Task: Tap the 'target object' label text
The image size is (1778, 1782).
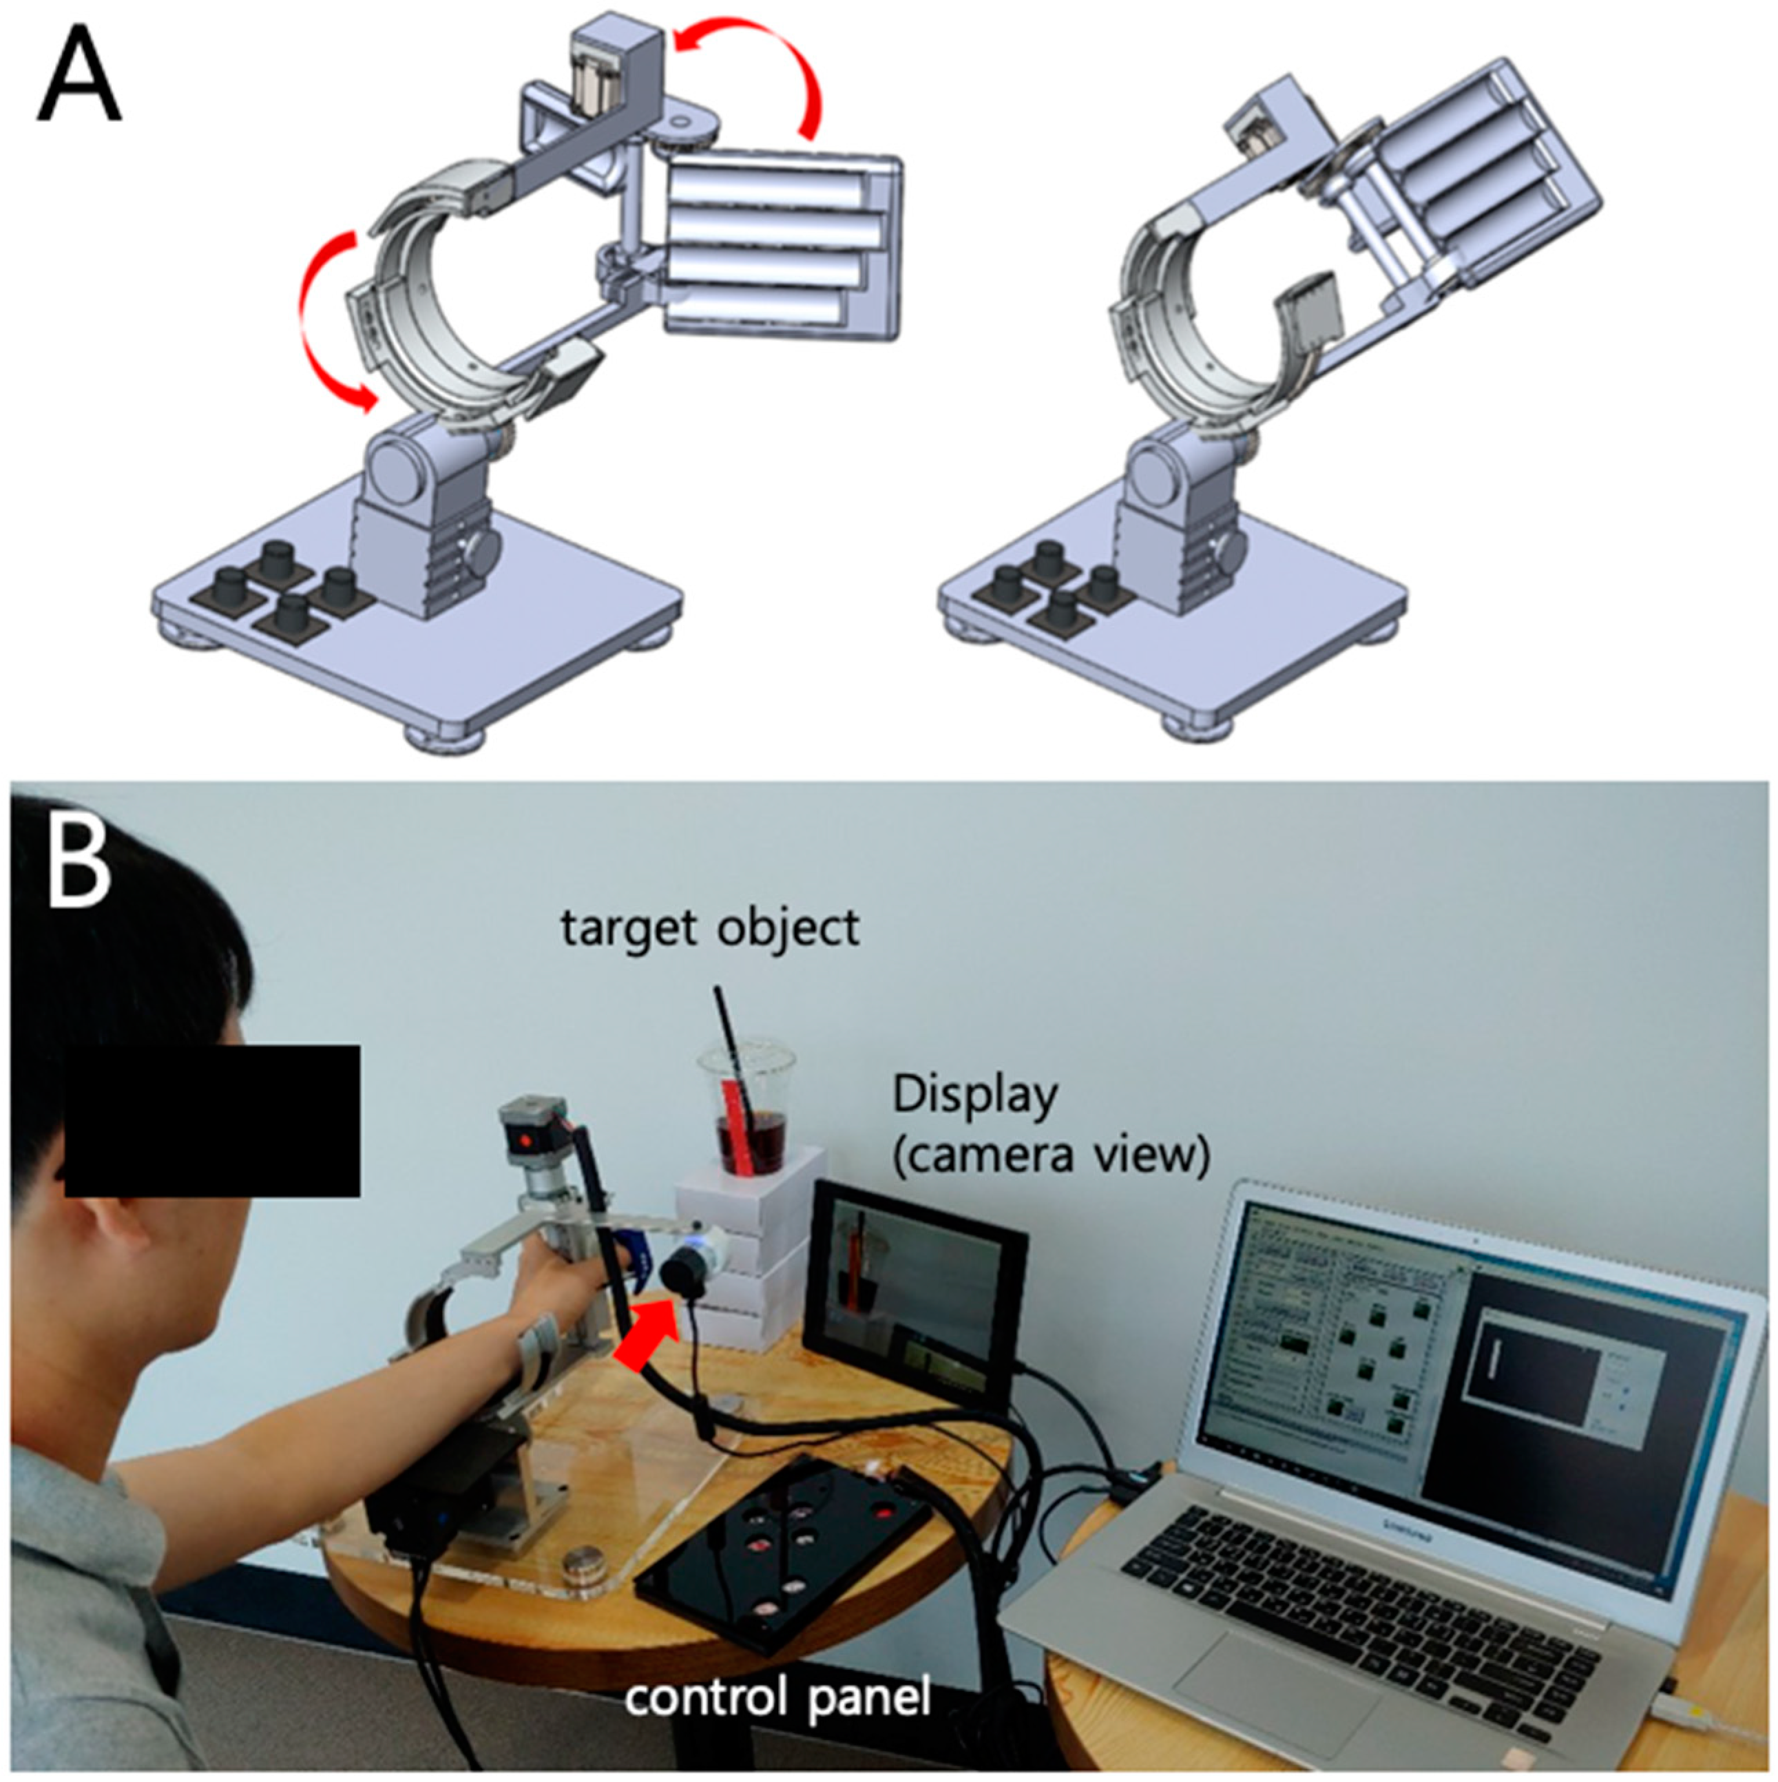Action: click(x=710, y=928)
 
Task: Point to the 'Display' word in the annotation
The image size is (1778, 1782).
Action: click(x=975, y=1096)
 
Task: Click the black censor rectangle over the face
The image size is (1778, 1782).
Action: click(x=212, y=1121)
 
